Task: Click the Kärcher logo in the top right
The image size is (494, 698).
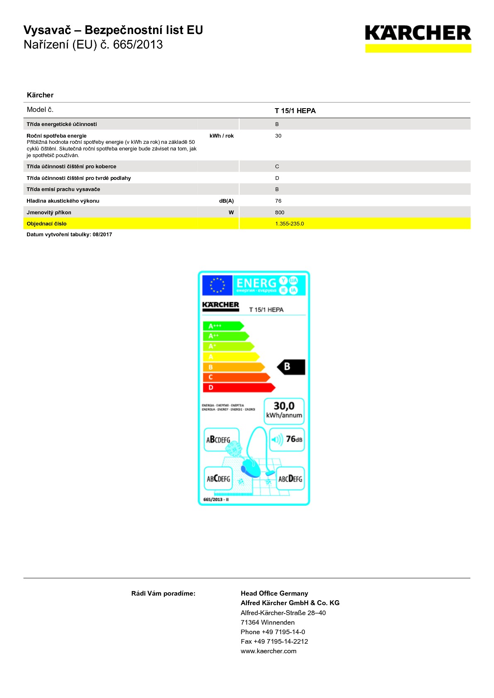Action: [x=418, y=38]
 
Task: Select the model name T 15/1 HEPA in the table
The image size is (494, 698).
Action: [x=295, y=111]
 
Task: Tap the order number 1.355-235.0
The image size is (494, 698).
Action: [x=290, y=224]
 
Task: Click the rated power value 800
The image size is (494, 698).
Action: [x=280, y=213]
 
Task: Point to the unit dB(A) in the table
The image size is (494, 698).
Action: [x=226, y=201]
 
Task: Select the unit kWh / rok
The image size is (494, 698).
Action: [x=221, y=136]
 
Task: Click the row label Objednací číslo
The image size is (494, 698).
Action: [x=46, y=224]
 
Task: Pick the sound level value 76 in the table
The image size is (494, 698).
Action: [x=278, y=201]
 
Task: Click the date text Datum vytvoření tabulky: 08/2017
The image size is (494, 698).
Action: [x=69, y=235]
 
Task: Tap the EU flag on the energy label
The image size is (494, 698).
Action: [x=217, y=286]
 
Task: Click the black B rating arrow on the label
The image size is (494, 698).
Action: [x=291, y=367]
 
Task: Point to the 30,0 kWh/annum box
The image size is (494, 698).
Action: [x=284, y=411]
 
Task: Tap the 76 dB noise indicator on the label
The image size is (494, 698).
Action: [x=287, y=439]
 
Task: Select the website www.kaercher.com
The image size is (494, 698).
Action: [x=268, y=651]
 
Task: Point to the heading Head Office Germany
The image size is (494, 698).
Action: [x=274, y=594]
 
